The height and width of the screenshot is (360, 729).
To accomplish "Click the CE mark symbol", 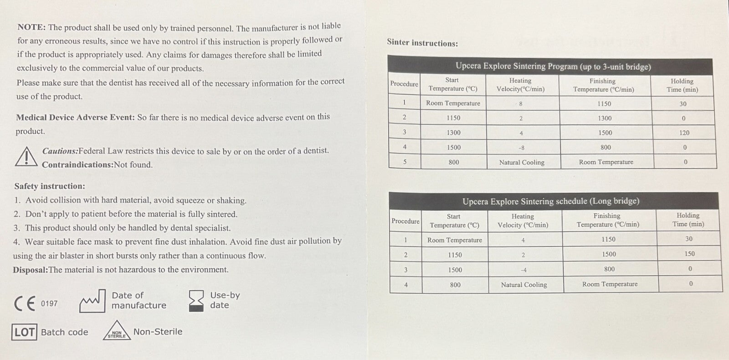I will click(25, 303).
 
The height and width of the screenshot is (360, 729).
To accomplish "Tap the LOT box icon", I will click(24, 332).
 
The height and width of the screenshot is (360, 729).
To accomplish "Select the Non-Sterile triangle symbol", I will click(117, 331).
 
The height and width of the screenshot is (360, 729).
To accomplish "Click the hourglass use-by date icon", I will click(196, 301).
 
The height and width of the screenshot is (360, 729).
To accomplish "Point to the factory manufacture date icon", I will click(92, 301).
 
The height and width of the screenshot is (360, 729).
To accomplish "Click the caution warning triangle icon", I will click(26, 157).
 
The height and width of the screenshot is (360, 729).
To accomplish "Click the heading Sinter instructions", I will click(422, 43).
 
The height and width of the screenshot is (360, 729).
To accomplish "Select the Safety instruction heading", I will click(50, 186).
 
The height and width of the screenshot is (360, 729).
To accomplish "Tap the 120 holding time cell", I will click(684, 133).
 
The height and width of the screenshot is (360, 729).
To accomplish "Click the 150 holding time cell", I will click(689, 254).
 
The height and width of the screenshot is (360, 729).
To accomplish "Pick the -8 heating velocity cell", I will click(521, 148).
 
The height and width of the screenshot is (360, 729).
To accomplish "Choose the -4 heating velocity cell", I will click(524, 270).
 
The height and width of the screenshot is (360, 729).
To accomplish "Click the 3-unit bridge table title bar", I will click(553, 67).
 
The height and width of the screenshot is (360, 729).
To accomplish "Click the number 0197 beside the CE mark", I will click(49, 303).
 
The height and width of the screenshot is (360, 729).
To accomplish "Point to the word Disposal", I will click(30, 270).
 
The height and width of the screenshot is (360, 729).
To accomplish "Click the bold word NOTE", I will click(31, 27).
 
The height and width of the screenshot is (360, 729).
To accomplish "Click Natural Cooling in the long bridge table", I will click(524, 285).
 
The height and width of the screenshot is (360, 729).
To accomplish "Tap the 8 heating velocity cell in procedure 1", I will click(521, 104).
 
